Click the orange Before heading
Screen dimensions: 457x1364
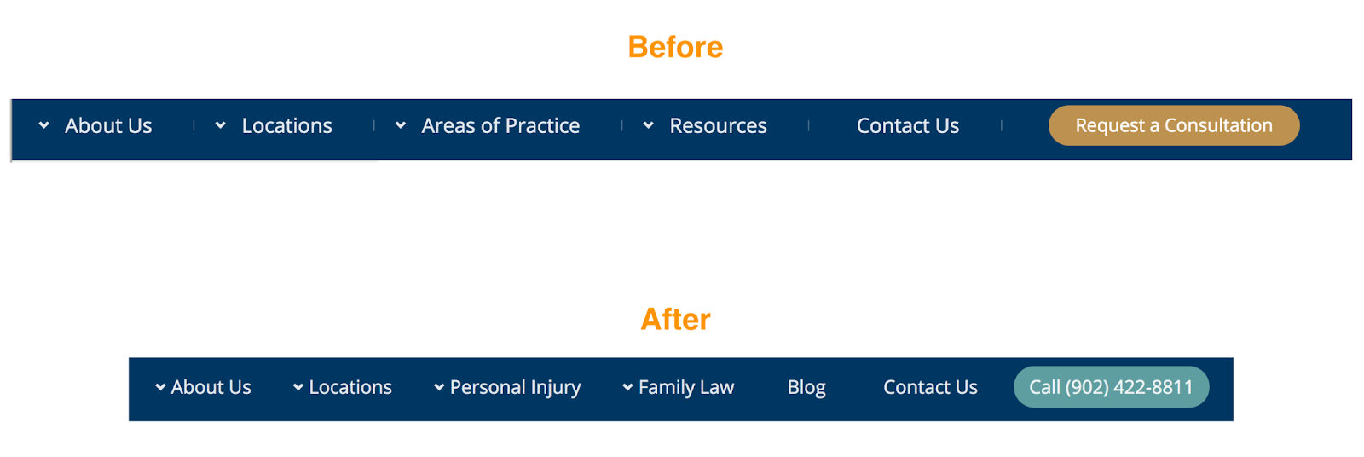click(675, 47)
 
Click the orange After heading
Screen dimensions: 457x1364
click(675, 320)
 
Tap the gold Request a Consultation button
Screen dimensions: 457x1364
click(1173, 125)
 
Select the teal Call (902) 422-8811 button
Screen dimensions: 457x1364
click(1111, 387)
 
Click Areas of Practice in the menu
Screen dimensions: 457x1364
click(500, 126)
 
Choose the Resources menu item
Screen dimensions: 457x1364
click(718, 126)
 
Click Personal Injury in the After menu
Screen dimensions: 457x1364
click(515, 388)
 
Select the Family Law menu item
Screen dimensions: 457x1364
click(686, 388)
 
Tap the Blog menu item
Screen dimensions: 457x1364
click(806, 388)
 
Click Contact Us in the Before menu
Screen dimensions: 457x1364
click(908, 126)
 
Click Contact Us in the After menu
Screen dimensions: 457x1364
click(930, 388)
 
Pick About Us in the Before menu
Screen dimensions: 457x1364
click(108, 126)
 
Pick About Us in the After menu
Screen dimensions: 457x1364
click(211, 388)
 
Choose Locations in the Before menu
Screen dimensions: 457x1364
click(286, 126)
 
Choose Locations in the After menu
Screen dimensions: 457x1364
click(350, 388)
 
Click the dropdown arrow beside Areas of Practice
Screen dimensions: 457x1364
click(401, 125)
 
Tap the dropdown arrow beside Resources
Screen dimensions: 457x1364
click(649, 125)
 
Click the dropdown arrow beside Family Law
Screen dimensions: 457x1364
click(627, 387)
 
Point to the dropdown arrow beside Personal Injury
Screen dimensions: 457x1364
click(439, 387)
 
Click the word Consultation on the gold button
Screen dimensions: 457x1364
click(1218, 125)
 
